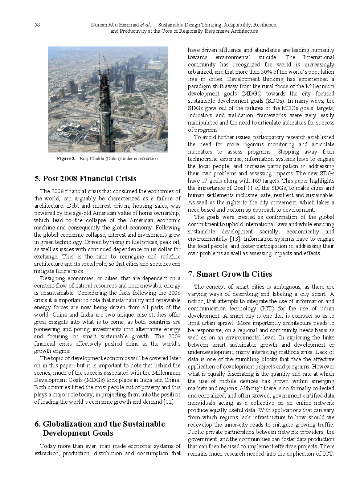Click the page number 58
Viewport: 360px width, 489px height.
[37, 25]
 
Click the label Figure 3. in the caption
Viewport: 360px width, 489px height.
[66, 159]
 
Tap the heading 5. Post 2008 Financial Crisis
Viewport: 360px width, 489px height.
[85, 179]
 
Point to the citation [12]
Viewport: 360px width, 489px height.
[169, 402]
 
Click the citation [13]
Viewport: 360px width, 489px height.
[234, 239]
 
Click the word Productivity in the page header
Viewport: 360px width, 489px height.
[134, 31]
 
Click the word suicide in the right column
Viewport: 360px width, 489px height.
[267, 57]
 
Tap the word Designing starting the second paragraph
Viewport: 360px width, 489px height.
[52, 278]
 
